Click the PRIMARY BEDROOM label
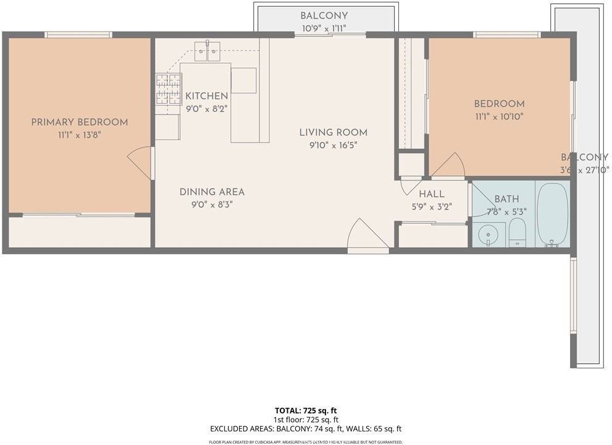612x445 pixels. click(80, 122)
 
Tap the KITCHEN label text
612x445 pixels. click(207, 96)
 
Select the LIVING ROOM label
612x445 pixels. click(333, 132)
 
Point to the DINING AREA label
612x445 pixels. click(212, 192)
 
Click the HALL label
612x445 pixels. click(431, 194)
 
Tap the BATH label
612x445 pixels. click(506, 199)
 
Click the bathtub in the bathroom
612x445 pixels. click(552, 214)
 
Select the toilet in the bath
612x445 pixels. click(517, 233)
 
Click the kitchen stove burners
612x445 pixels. click(167, 89)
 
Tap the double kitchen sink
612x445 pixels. click(207, 51)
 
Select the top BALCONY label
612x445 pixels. click(324, 15)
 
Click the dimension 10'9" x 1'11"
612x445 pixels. click(324, 28)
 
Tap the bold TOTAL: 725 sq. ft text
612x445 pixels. click(306, 410)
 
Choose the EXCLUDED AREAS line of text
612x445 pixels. click(306, 428)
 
